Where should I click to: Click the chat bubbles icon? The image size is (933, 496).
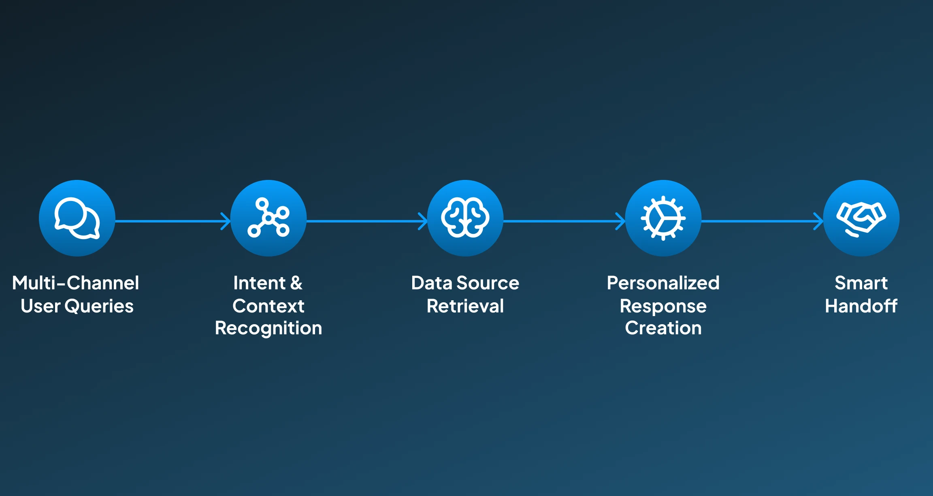77,218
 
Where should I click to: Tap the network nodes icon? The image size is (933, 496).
268,218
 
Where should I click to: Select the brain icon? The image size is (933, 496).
465,218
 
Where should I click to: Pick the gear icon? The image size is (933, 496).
663,218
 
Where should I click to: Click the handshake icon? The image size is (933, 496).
861,218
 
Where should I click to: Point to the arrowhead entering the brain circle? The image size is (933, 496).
423,221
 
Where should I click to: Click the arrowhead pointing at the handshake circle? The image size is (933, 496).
819,221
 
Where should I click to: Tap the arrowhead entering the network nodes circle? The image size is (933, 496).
226,221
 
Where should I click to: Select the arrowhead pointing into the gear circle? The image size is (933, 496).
621,221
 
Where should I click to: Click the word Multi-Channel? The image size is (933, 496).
76,283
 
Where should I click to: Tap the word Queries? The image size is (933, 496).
99,306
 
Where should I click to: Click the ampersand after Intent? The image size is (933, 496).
296,283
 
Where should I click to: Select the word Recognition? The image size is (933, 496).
268,328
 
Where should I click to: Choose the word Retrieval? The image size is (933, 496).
465,306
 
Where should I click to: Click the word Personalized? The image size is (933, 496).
663,283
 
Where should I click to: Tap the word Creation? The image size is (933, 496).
663,328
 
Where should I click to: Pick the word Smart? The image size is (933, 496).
861,283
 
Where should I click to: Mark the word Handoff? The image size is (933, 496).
861,306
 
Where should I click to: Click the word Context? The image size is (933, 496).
268,306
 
